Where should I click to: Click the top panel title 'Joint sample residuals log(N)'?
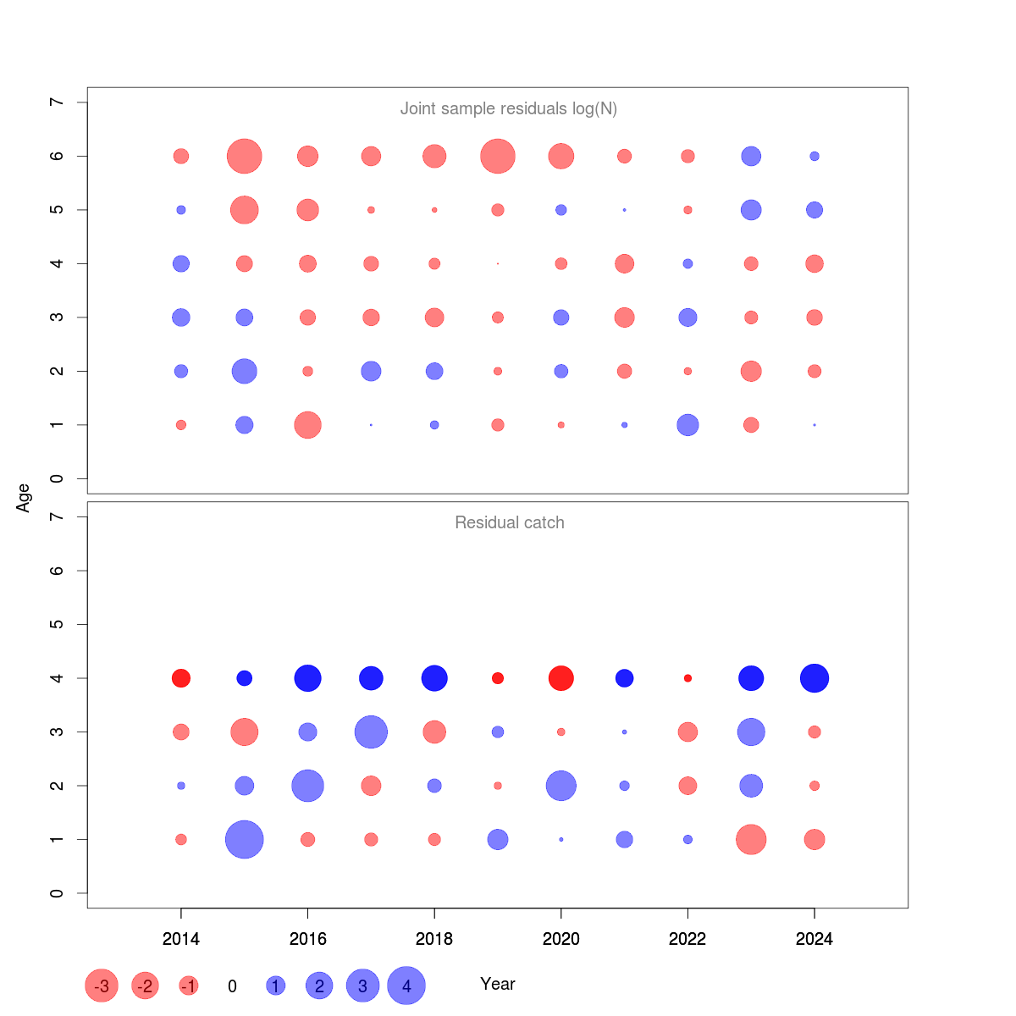[508, 108]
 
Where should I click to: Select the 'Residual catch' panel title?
[509, 522]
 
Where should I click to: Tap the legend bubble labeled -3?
[102, 986]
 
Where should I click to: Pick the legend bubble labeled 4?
[406, 986]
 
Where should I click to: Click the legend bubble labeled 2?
[319, 986]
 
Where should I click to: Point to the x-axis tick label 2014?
[180, 939]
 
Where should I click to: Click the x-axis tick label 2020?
[560, 939]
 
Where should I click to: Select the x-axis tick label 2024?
[814, 939]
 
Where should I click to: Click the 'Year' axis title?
[497, 984]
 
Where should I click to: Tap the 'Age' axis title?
[24, 498]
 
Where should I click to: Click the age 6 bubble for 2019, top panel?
[498, 157]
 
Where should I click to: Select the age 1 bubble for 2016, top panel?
[307, 425]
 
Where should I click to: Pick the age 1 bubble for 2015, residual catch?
[245, 840]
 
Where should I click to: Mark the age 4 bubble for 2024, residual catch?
[814, 678]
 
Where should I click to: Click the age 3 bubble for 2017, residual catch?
[371, 732]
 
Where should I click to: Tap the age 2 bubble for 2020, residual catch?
[560, 786]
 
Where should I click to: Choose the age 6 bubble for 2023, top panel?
[751, 157]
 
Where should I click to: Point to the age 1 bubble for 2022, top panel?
[687, 425]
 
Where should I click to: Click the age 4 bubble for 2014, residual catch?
[180, 678]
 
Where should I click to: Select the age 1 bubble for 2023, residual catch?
[751, 840]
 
